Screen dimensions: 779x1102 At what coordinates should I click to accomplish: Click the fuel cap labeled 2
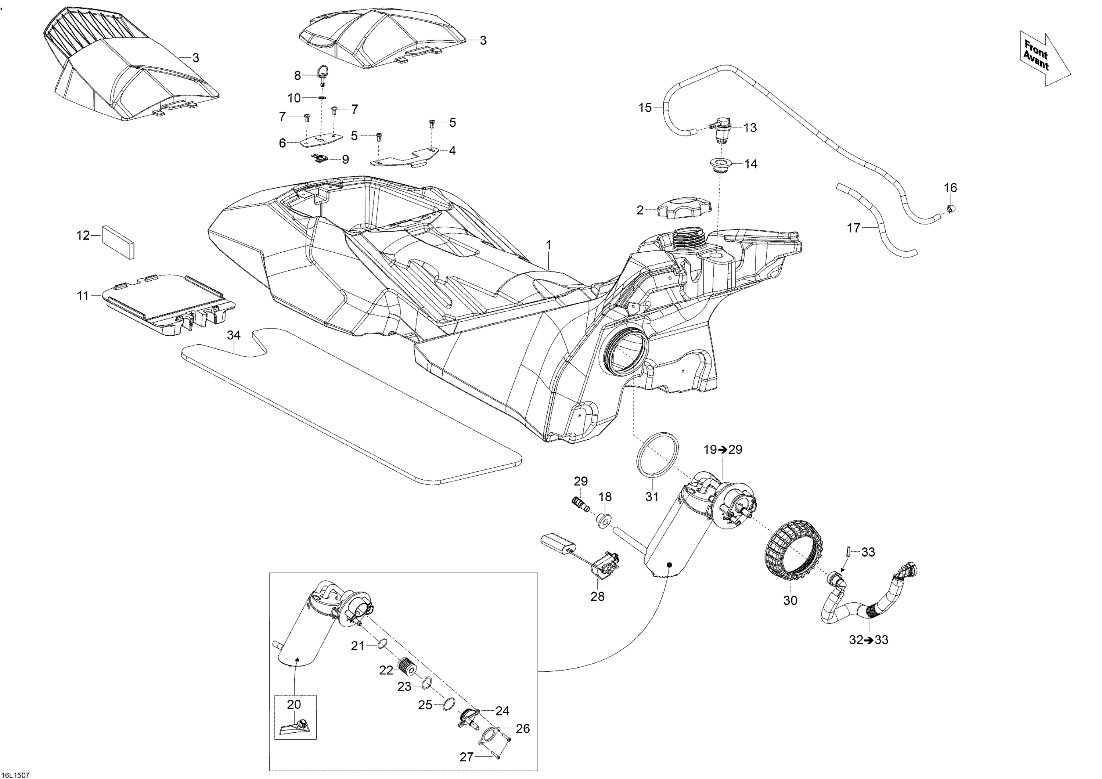click(681, 208)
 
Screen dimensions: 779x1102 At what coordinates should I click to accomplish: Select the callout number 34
click(234, 335)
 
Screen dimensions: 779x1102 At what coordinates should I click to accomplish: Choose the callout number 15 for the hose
click(645, 108)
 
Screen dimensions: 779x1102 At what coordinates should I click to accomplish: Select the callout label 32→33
click(869, 640)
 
